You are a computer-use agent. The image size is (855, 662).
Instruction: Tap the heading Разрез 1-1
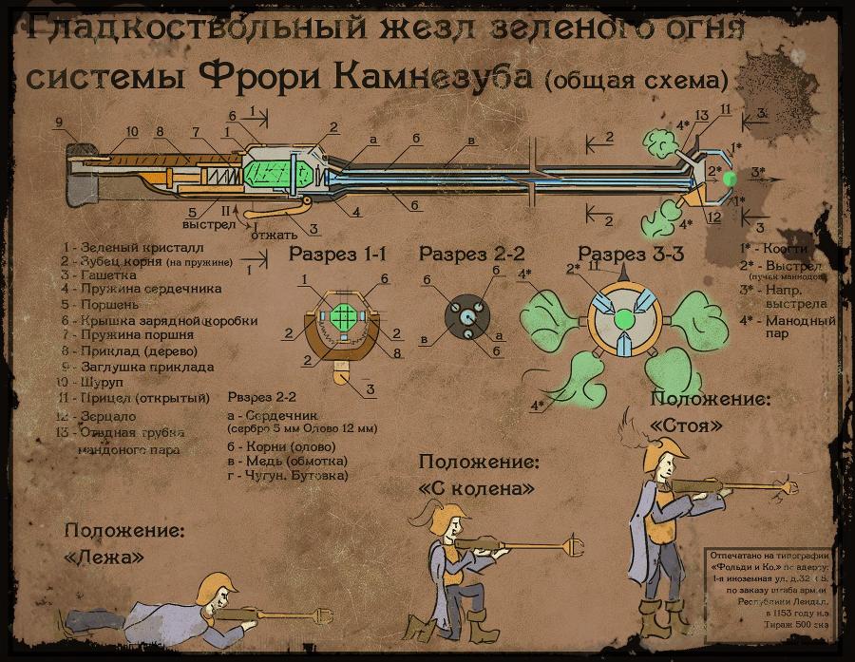(x=337, y=255)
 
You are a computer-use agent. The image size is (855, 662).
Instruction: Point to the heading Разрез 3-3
(x=632, y=255)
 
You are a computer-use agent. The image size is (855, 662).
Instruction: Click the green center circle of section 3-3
(x=621, y=316)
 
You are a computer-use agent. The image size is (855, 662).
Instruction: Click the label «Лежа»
(x=104, y=558)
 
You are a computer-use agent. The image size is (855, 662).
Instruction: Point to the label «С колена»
(x=476, y=487)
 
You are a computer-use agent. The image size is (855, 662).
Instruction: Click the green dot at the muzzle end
(x=729, y=178)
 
